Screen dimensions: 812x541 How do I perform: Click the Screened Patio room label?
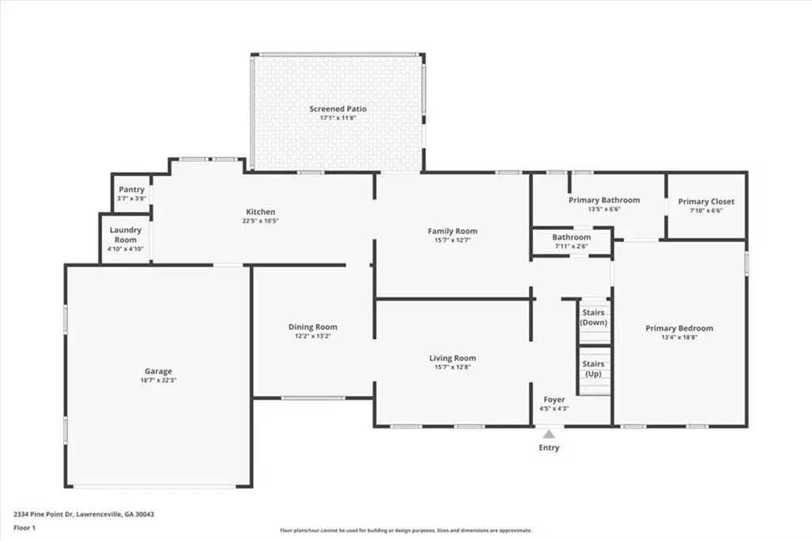click(x=338, y=109)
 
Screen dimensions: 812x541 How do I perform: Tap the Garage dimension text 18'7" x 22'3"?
click(x=159, y=380)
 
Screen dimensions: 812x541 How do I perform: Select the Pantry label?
click(x=132, y=190)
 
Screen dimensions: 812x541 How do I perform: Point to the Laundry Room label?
click(x=125, y=235)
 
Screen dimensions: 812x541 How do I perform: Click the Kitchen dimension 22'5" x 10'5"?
click(x=260, y=221)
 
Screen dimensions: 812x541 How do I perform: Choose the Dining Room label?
click(x=312, y=327)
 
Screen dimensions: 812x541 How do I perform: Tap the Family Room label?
click(x=453, y=231)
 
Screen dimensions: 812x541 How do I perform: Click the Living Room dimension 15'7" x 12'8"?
click(x=453, y=367)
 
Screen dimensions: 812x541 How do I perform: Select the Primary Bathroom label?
click(x=604, y=200)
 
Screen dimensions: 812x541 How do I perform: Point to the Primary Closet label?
click(x=707, y=201)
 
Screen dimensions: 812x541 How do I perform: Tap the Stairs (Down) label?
click(x=593, y=317)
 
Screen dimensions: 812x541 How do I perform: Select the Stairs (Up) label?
click(x=593, y=368)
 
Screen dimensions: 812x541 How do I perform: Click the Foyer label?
click(x=554, y=400)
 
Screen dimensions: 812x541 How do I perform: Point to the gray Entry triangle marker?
click(x=549, y=434)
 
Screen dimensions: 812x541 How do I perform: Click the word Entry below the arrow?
click(x=549, y=447)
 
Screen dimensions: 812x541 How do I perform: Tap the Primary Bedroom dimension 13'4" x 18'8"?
click(x=680, y=337)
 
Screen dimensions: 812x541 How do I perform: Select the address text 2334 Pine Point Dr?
click(x=44, y=515)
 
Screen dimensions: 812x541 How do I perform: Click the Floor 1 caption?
click(x=25, y=528)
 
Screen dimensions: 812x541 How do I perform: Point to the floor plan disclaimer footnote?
click(x=406, y=531)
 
